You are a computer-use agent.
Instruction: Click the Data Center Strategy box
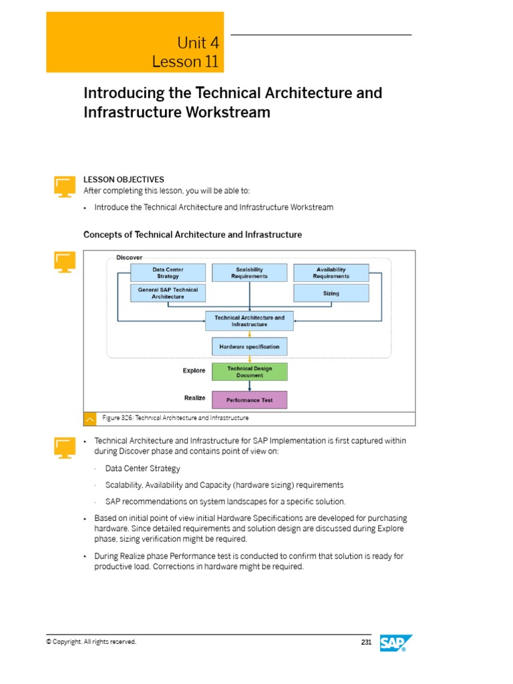click(168, 273)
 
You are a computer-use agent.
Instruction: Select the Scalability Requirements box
click(249, 273)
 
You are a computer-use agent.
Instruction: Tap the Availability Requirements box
click(331, 273)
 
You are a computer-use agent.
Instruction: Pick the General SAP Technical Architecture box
click(168, 293)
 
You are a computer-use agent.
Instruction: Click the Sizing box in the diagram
click(331, 293)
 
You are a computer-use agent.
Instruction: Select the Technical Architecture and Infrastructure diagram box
click(249, 321)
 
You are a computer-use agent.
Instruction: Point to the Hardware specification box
click(249, 347)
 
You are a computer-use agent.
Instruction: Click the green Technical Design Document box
click(249, 371)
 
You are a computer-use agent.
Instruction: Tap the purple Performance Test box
click(249, 400)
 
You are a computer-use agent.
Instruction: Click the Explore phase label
click(194, 371)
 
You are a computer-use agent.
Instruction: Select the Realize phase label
click(194, 398)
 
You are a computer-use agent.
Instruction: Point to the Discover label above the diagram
click(129, 257)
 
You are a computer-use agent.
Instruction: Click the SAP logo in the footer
click(396, 643)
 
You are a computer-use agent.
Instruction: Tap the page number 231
click(365, 643)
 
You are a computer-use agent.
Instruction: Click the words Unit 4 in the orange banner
click(198, 43)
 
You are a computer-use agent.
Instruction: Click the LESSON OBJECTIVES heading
click(124, 180)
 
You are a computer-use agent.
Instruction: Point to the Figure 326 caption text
click(176, 418)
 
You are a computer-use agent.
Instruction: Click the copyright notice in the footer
click(91, 642)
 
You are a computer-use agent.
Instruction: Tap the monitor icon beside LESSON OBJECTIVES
click(65, 186)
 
